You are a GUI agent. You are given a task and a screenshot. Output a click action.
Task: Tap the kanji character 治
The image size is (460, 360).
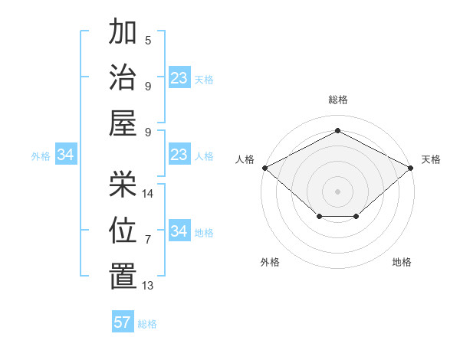pyautogui.click(x=123, y=77)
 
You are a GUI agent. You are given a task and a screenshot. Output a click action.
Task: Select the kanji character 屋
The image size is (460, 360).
pyautogui.click(x=123, y=123)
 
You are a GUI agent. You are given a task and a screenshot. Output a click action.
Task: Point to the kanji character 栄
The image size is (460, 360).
pyautogui.click(x=123, y=183)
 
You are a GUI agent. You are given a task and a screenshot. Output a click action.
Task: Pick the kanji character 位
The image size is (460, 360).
pyautogui.click(x=123, y=229)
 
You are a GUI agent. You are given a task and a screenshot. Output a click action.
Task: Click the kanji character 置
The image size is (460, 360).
pyautogui.click(x=123, y=276)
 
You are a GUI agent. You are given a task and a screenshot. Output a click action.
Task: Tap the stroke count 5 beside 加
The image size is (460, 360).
pyautogui.click(x=147, y=41)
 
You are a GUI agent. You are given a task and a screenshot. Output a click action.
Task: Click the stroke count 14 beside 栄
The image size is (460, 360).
pyautogui.click(x=149, y=193)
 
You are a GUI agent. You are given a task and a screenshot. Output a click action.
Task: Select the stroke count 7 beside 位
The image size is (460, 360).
pyautogui.click(x=147, y=239)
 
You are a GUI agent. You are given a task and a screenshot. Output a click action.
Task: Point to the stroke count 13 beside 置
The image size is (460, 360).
pyautogui.click(x=149, y=286)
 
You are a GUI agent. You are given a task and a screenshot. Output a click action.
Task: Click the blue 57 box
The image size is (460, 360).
pyautogui.click(x=123, y=322)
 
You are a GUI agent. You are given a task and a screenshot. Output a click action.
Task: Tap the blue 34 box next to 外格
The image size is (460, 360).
pyautogui.click(x=66, y=155)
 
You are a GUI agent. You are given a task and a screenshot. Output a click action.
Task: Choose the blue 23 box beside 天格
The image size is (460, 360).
pyautogui.click(x=179, y=78)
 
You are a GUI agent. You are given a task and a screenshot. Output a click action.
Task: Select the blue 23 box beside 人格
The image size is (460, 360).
pyautogui.click(x=179, y=155)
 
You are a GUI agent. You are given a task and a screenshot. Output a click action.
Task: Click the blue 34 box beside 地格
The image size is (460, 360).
pyautogui.click(x=179, y=232)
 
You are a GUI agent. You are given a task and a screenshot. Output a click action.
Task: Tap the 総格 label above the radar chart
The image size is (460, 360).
pyautogui.click(x=337, y=100)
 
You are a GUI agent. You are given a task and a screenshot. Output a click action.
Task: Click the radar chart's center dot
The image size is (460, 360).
pyautogui.click(x=337, y=191)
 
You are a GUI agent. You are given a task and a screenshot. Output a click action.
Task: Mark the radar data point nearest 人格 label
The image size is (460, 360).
pyautogui.click(x=264, y=167)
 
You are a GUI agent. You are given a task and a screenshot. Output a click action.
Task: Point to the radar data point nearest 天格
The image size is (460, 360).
pyautogui.click(x=411, y=167)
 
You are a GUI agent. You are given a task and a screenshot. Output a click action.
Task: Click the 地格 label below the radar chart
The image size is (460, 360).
pyautogui.click(x=402, y=263)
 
